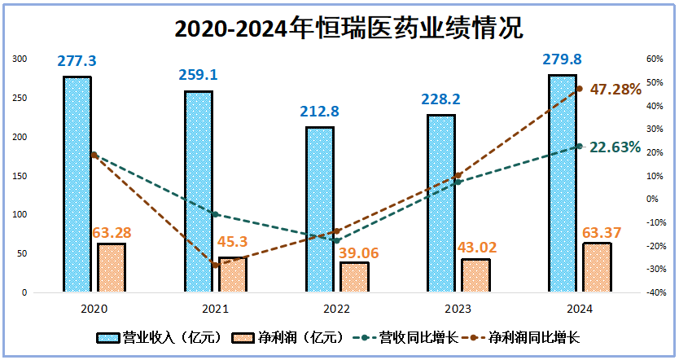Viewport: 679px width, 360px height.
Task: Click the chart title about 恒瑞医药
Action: [339, 29]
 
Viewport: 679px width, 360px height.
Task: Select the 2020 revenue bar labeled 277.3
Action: [77, 183]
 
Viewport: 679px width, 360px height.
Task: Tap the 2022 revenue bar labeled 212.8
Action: [319, 209]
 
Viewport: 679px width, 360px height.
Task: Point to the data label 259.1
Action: [198, 75]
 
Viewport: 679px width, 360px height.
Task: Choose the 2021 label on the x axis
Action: [216, 310]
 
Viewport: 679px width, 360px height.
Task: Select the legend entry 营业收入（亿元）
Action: [160, 337]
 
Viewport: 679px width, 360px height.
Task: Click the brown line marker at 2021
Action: [215, 266]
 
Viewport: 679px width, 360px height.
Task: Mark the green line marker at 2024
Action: [580, 146]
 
